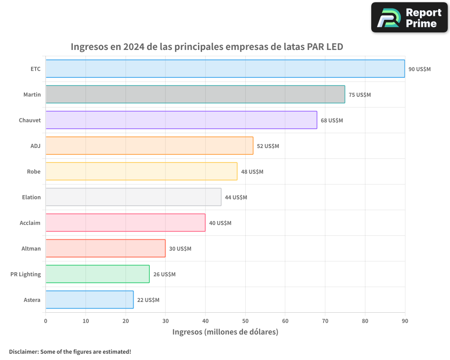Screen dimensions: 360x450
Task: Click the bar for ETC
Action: pos(225,69)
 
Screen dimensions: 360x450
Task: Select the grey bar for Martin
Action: pos(195,94)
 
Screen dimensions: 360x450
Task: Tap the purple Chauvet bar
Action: pos(181,120)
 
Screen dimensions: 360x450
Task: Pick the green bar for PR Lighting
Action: pos(97,274)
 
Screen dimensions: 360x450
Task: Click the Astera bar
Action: pos(90,300)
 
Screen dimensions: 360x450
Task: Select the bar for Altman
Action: pos(105,248)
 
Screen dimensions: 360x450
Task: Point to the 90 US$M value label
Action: pos(419,69)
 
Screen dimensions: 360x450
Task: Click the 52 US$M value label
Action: pos(268,146)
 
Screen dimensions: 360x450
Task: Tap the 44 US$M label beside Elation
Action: pos(236,198)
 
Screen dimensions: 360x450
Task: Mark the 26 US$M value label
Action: pos(164,274)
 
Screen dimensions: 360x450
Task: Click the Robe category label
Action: pos(34,171)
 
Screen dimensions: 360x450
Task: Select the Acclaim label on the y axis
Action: pos(30,223)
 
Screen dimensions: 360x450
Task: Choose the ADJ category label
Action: pos(36,146)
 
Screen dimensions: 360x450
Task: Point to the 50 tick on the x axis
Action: pos(245,321)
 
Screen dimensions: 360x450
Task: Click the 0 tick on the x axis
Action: pos(45,321)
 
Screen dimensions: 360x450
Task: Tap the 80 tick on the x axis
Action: pos(365,321)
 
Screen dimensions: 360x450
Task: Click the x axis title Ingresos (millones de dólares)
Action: pos(225,332)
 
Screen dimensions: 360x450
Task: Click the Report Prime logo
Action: pos(409,18)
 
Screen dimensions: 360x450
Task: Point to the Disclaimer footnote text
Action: pos(70,351)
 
